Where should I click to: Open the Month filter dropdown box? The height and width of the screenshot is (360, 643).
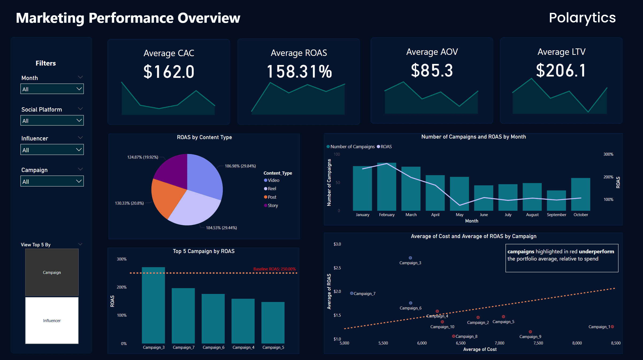[52, 89]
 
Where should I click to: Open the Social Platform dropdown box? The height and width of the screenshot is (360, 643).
[52, 121]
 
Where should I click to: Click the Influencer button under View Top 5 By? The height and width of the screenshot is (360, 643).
[52, 320]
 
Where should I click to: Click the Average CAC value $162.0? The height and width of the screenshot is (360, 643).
[169, 72]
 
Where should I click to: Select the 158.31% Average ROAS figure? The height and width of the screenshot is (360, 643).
[299, 72]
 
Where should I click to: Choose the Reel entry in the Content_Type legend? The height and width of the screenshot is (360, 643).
[272, 189]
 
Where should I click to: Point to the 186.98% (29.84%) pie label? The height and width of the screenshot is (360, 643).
[240, 166]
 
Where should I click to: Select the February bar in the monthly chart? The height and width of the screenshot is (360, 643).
[386, 187]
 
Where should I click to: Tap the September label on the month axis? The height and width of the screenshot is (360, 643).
[556, 215]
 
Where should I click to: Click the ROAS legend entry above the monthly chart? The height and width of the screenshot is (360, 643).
[386, 147]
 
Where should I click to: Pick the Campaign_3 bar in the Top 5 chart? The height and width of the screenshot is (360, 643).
[153, 305]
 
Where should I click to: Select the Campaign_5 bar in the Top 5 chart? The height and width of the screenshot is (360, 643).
[273, 322]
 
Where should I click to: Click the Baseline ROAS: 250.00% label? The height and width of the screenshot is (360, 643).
[274, 269]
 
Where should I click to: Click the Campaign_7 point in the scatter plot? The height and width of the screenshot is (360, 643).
[352, 293]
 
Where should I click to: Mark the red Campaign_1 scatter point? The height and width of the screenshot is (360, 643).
[612, 327]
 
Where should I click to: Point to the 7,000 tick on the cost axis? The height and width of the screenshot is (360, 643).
[499, 343]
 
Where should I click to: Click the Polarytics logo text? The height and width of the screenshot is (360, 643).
[582, 18]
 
